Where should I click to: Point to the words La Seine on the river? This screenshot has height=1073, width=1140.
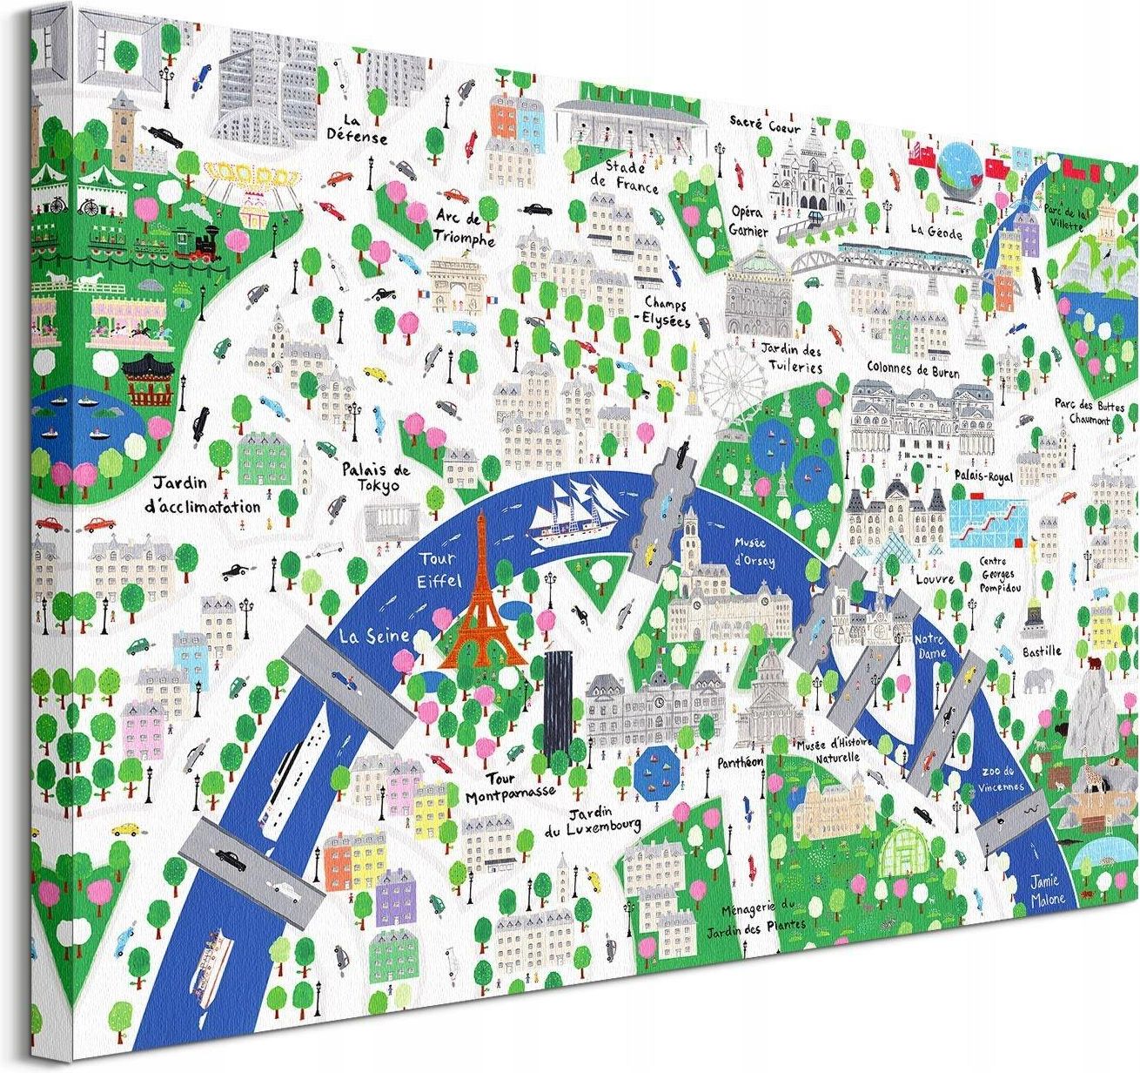tap(376, 638)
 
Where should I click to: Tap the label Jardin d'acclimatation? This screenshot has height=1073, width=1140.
tap(205, 495)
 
